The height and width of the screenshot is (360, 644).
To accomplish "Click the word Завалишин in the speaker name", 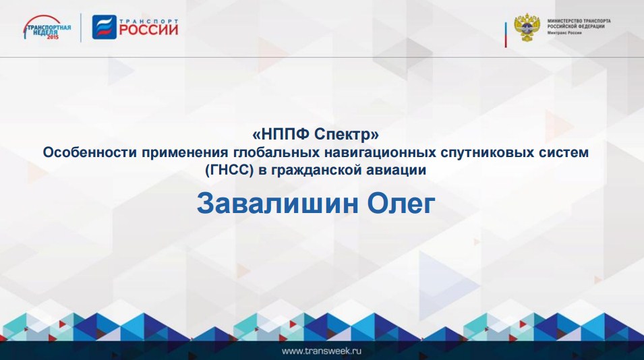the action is (278, 204).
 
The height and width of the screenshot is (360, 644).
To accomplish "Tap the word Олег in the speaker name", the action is (401, 205).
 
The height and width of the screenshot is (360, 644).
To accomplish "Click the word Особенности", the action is (90, 152).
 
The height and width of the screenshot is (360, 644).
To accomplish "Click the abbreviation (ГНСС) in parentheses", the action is (229, 170).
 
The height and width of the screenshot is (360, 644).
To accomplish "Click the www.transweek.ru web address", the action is (322, 351).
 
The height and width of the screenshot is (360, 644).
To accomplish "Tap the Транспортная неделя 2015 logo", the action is (47, 28).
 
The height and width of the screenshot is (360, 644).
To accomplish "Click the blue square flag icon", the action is (105, 27).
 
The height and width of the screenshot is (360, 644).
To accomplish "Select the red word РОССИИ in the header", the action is (149, 30).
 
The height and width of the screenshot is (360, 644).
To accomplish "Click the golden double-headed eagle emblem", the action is (527, 28).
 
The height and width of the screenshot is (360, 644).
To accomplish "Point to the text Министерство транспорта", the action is (579, 21).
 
